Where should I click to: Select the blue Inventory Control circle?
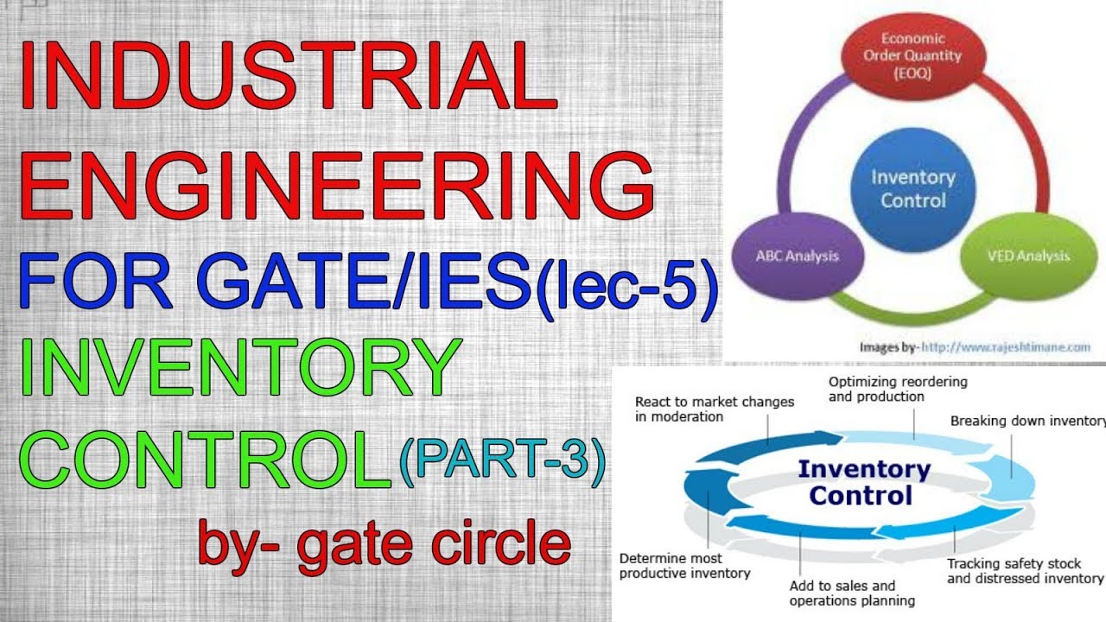[913, 189]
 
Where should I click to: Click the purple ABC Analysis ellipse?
[798, 256]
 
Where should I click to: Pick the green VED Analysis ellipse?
[1027, 256]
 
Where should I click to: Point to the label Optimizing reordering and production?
[898, 389]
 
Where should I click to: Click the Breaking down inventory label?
[1027, 421]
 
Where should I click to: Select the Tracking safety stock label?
[1024, 571]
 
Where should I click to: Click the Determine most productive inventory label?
[685, 566]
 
